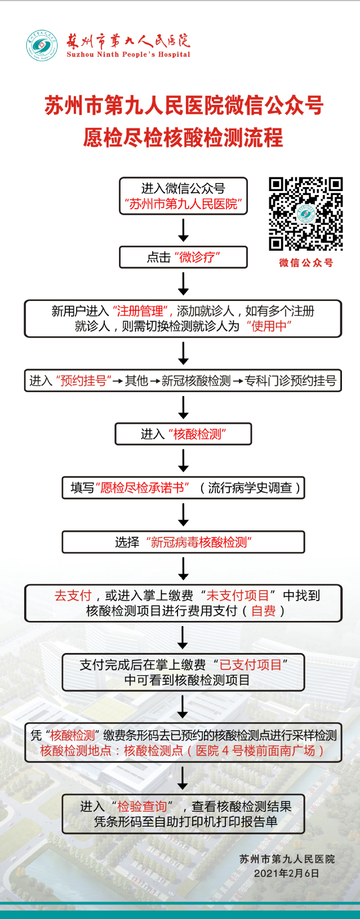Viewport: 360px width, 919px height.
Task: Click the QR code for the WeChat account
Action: pyautogui.click(x=305, y=214)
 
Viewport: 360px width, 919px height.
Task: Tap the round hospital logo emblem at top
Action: pyautogui.click(x=42, y=46)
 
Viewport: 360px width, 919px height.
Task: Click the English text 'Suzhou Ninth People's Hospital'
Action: pyautogui.click(x=128, y=55)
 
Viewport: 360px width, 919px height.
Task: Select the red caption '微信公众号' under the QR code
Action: pyautogui.click(x=306, y=263)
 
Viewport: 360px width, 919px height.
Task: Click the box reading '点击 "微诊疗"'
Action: pyautogui.click(x=183, y=258)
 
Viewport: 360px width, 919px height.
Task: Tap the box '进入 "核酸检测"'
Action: pyautogui.click(x=183, y=434)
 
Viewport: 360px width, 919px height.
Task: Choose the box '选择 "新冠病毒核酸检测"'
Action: pyautogui.click(x=183, y=542)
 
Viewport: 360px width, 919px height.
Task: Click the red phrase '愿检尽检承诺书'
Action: pyautogui.click(x=143, y=488)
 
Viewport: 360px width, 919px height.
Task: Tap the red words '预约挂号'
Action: pyautogui.click(x=83, y=381)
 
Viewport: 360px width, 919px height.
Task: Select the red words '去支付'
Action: pyautogui.click(x=73, y=596)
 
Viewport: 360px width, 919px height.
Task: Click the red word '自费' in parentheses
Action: pyautogui.click(x=263, y=611)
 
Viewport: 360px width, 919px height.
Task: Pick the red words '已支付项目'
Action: pyautogui.click(x=250, y=665)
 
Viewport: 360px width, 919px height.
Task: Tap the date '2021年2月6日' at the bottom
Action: pyautogui.click(x=286, y=873)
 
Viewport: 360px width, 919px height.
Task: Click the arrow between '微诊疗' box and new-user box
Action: pyautogui.click(x=183, y=283)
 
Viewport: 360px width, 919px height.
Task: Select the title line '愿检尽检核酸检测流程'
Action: pyautogui.click(x=183, y=137)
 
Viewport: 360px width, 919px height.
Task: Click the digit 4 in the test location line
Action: pyautogui.click(x=225, y=751)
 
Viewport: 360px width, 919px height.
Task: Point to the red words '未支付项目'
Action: pyautogui.click(x=238, y=596)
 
